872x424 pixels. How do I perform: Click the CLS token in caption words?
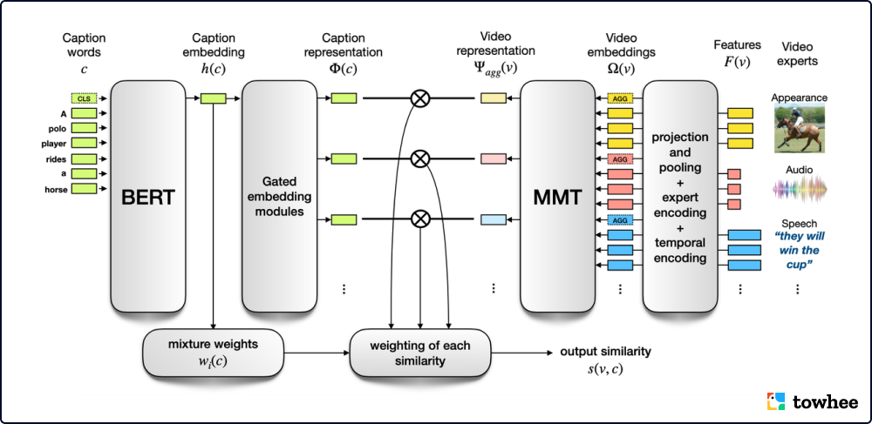point(84,98)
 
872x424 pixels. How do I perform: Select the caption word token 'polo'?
point(84,128)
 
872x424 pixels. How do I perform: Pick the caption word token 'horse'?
point(84,187)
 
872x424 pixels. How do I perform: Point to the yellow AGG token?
point(620,99)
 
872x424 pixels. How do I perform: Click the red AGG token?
point(620,159)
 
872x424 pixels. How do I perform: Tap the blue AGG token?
point(620,220)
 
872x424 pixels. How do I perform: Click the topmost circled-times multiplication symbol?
point(420,99)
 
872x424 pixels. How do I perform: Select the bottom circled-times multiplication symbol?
point(420,219)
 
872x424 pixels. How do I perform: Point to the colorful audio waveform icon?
point(800,187)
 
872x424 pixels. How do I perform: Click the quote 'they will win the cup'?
point(800,250)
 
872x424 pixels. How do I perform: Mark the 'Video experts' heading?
point(800,53)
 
